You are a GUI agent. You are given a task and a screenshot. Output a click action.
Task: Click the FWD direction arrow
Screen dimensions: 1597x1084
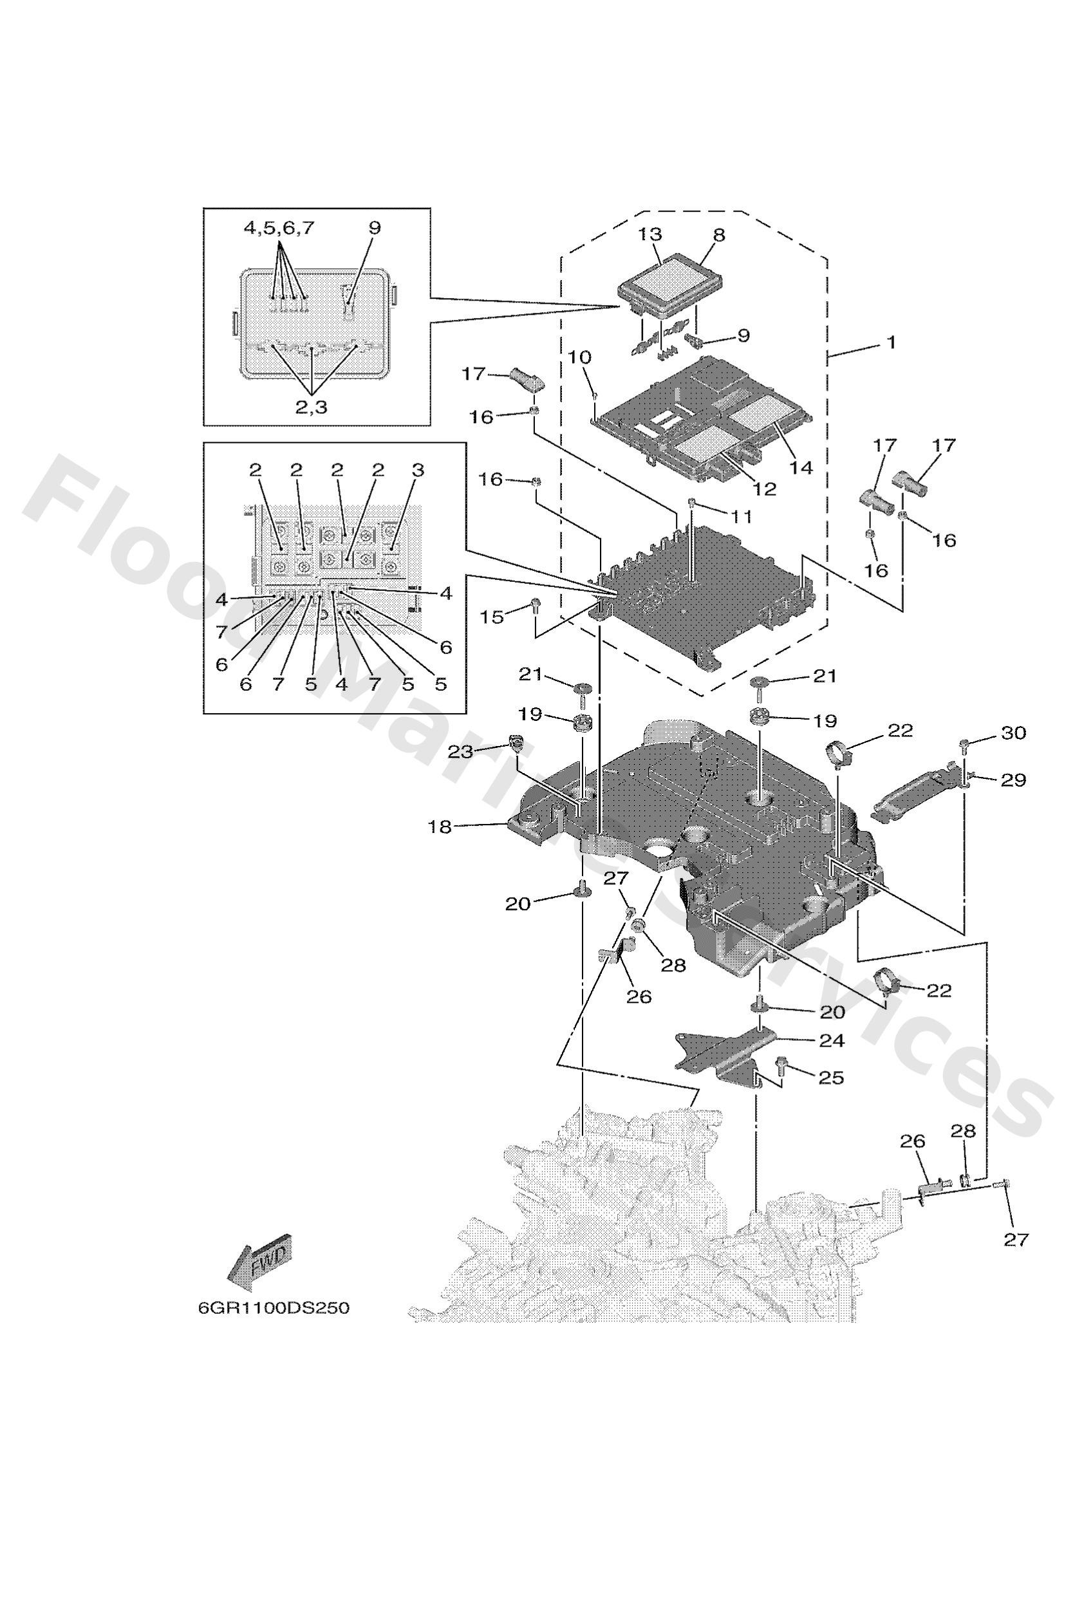tap(261, 1263)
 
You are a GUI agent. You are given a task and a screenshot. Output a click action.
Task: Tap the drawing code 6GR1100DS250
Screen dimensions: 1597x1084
tap(274, 1309)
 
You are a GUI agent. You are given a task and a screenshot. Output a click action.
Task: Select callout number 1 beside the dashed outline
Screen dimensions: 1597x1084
tap(891, 342)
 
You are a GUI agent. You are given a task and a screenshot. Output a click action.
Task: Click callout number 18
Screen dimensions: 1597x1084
tap(440, 827)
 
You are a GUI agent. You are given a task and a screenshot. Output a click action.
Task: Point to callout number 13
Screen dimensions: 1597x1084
tap(650, 234)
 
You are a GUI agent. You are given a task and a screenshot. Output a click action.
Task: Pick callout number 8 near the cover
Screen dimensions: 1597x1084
tap(718, 234)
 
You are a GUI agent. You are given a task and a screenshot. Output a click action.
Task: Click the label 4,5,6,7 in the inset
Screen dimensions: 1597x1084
tap(279, 228)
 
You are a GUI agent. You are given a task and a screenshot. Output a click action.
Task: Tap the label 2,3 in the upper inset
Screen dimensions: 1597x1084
tap(312, 407)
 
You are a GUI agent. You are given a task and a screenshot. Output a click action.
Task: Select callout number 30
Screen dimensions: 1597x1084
tap(1013, 733)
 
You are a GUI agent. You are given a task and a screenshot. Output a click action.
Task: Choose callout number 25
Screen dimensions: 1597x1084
tap(831, 1078)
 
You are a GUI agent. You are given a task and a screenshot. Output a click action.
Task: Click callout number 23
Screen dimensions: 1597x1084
tap(460, 752)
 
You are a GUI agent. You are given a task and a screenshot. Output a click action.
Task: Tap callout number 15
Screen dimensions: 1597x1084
tap(492, 617)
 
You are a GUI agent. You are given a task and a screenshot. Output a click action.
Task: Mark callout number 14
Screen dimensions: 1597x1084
tap(801, 467)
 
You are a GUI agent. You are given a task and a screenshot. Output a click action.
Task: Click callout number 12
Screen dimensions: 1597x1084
tap(764, 489)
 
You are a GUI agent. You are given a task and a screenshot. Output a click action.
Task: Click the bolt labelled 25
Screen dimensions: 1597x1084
tap(783, 1067)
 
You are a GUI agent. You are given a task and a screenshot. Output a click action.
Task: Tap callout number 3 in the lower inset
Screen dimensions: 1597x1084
tap(418, 471)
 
